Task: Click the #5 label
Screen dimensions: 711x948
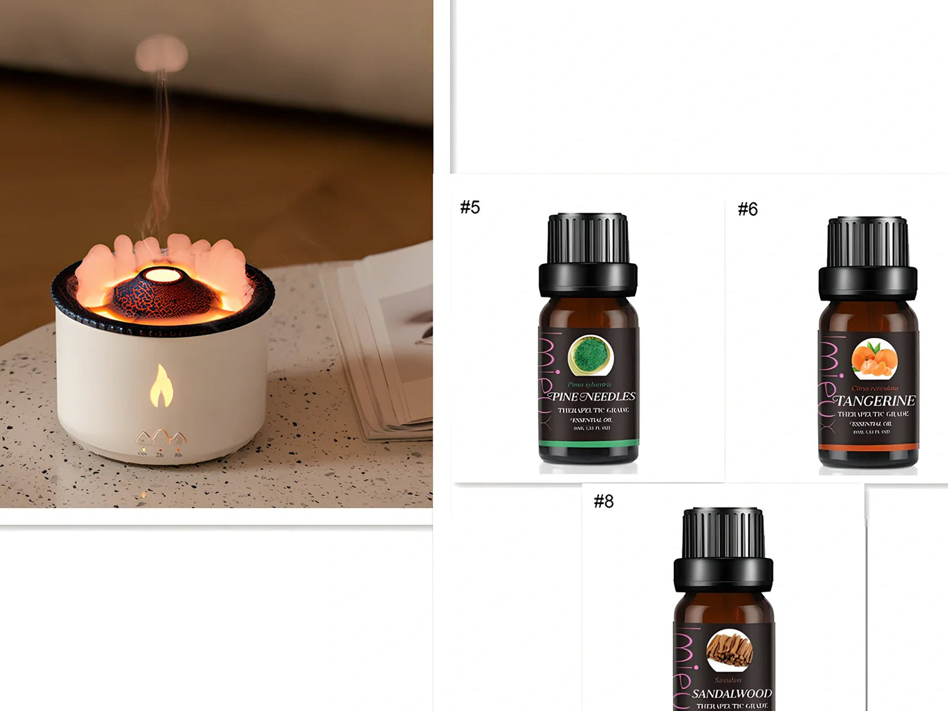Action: click(470, 207)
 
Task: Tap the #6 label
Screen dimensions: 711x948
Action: click(747, 209)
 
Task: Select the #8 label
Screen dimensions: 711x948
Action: click(604, 502)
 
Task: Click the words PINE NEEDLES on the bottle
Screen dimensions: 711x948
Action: click(592, 397)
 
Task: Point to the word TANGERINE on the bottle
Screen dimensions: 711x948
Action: click(875, 400)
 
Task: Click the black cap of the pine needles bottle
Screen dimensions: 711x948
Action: click(588, 253)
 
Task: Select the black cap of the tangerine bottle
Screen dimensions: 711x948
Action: click(867, 257)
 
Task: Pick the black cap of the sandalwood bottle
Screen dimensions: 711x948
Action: click(723, 549)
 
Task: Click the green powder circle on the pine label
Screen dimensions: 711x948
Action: click(590, 356)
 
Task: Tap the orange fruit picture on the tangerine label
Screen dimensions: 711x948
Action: click(874, 360)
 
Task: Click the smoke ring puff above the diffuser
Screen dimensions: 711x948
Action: click(161, 53)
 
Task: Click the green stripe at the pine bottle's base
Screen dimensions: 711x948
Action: click(588, 443)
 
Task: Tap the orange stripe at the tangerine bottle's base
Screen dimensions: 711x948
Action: click(867, 447)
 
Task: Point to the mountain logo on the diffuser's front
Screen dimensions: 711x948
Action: click(161, 438)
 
